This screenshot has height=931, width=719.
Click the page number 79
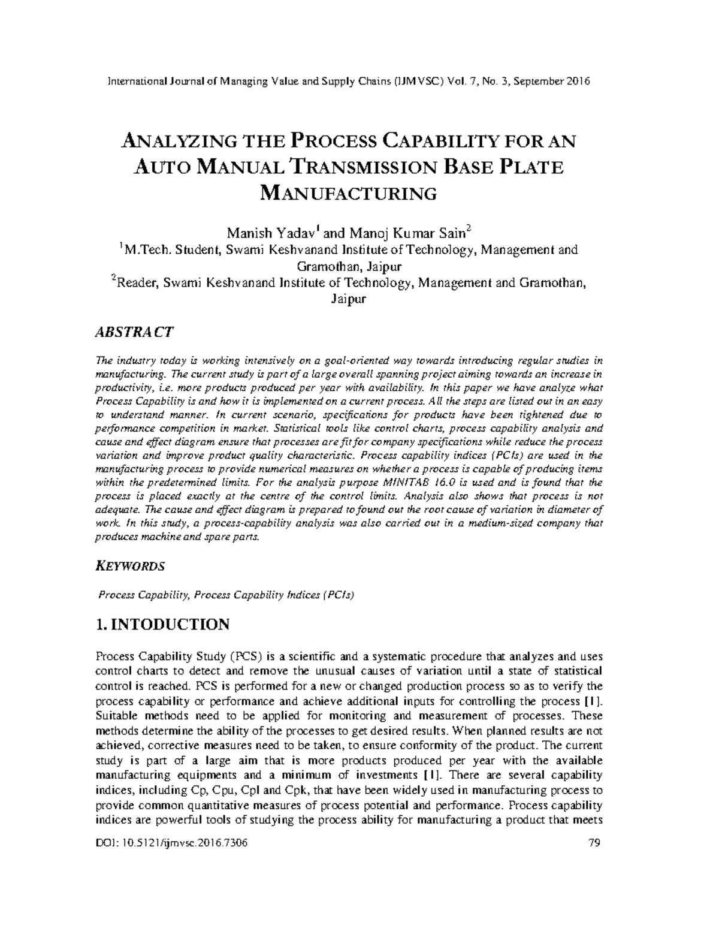click(594, 843)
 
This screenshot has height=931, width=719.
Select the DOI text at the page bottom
click(171, 843)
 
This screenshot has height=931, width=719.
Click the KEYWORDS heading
click(131, 566)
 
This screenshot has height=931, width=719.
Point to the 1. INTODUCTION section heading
click(162, 624)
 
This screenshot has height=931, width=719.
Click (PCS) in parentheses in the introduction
click(246, 656)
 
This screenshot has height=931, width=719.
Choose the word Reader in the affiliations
click(136, 283)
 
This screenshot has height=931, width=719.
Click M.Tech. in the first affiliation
click(146, 250)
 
